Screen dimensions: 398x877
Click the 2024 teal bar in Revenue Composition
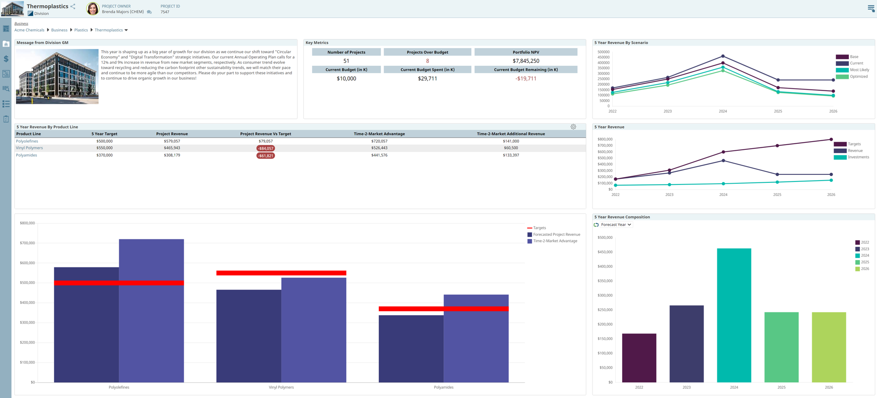coord(734,316)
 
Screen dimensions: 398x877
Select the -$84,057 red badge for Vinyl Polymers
coord(265,149)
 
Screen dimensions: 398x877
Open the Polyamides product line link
coord(26,155)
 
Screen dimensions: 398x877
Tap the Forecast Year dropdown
coord(616,225)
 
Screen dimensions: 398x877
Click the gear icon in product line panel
coord(573,127)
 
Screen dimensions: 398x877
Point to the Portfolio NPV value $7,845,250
coord(526,61)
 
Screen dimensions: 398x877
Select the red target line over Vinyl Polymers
coord(281,273)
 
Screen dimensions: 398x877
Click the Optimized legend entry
coord(858,77)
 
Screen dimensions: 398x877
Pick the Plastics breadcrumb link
coord(81,30)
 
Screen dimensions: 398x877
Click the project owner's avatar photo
coord(93,9)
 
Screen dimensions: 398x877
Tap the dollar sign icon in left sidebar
coord(6,59)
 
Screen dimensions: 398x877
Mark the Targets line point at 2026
coord(831,139)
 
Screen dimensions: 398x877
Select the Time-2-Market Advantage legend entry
coord(555,241)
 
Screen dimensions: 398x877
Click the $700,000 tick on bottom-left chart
coord(27,243)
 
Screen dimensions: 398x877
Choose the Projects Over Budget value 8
coord(427,61)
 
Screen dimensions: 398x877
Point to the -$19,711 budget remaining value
coord(526,79)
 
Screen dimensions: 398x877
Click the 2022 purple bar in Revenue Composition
coord(639,358)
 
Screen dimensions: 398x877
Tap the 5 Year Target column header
coord(104,134)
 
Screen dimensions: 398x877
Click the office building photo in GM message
coord(57,76)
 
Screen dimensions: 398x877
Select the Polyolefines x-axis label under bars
coord(119,387)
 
